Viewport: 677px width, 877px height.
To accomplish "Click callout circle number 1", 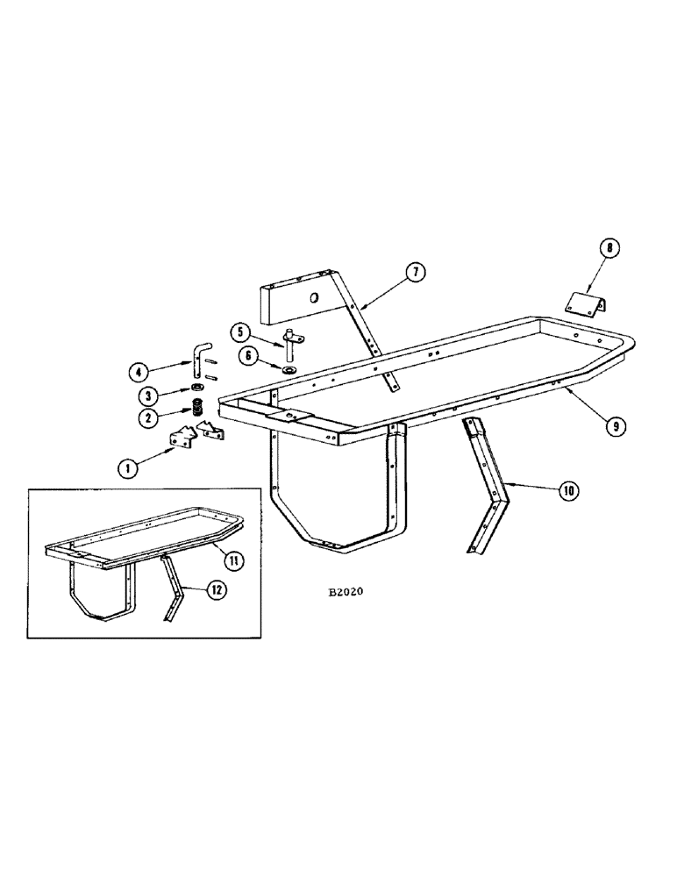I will coord(129,468).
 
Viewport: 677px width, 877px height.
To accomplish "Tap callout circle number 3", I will coord(146,395).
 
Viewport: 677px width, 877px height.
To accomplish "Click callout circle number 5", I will coord(239,332).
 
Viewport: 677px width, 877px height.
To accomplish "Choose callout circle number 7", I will coord(416,273).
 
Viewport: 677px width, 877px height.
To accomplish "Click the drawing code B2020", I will coord(346,592).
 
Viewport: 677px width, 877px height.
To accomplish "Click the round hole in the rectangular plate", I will coord(312,298).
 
